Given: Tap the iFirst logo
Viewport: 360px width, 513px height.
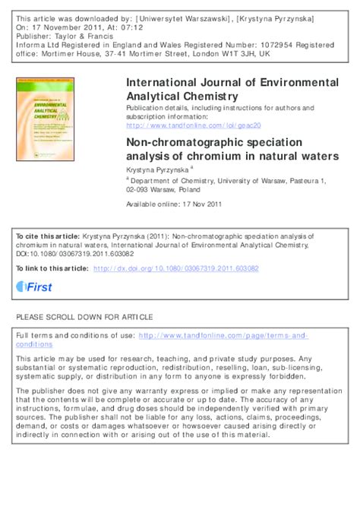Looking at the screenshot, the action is point(34,286).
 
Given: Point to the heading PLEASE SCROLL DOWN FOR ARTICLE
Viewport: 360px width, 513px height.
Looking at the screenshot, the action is point(84,317).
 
